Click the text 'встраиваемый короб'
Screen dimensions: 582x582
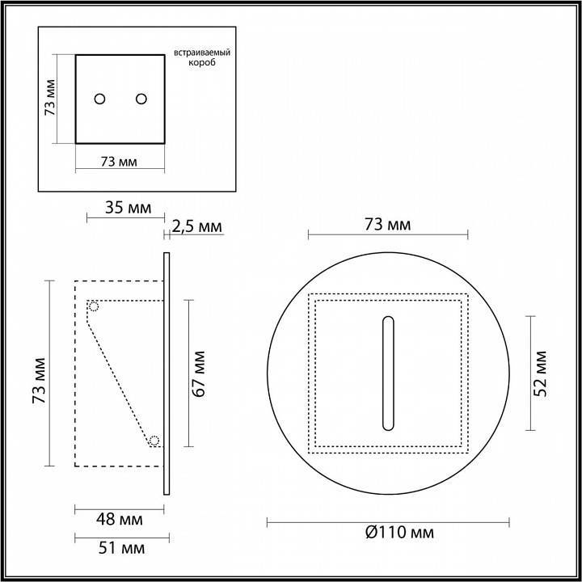pos(202,57)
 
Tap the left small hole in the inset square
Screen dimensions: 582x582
pos(99,99)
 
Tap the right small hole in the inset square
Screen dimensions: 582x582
pos(141,99)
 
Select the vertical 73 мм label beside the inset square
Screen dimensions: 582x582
pos(50,99)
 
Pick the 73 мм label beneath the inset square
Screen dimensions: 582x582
pos(118,162)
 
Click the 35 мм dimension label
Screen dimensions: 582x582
pos(128,208)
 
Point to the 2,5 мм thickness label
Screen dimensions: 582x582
pos(196,226)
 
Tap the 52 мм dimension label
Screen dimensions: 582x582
pos(542,373)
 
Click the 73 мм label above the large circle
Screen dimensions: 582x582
pos(387,224)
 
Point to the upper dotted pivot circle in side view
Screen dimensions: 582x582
pos(94,306)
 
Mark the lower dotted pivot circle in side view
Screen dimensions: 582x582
pos(154,441)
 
